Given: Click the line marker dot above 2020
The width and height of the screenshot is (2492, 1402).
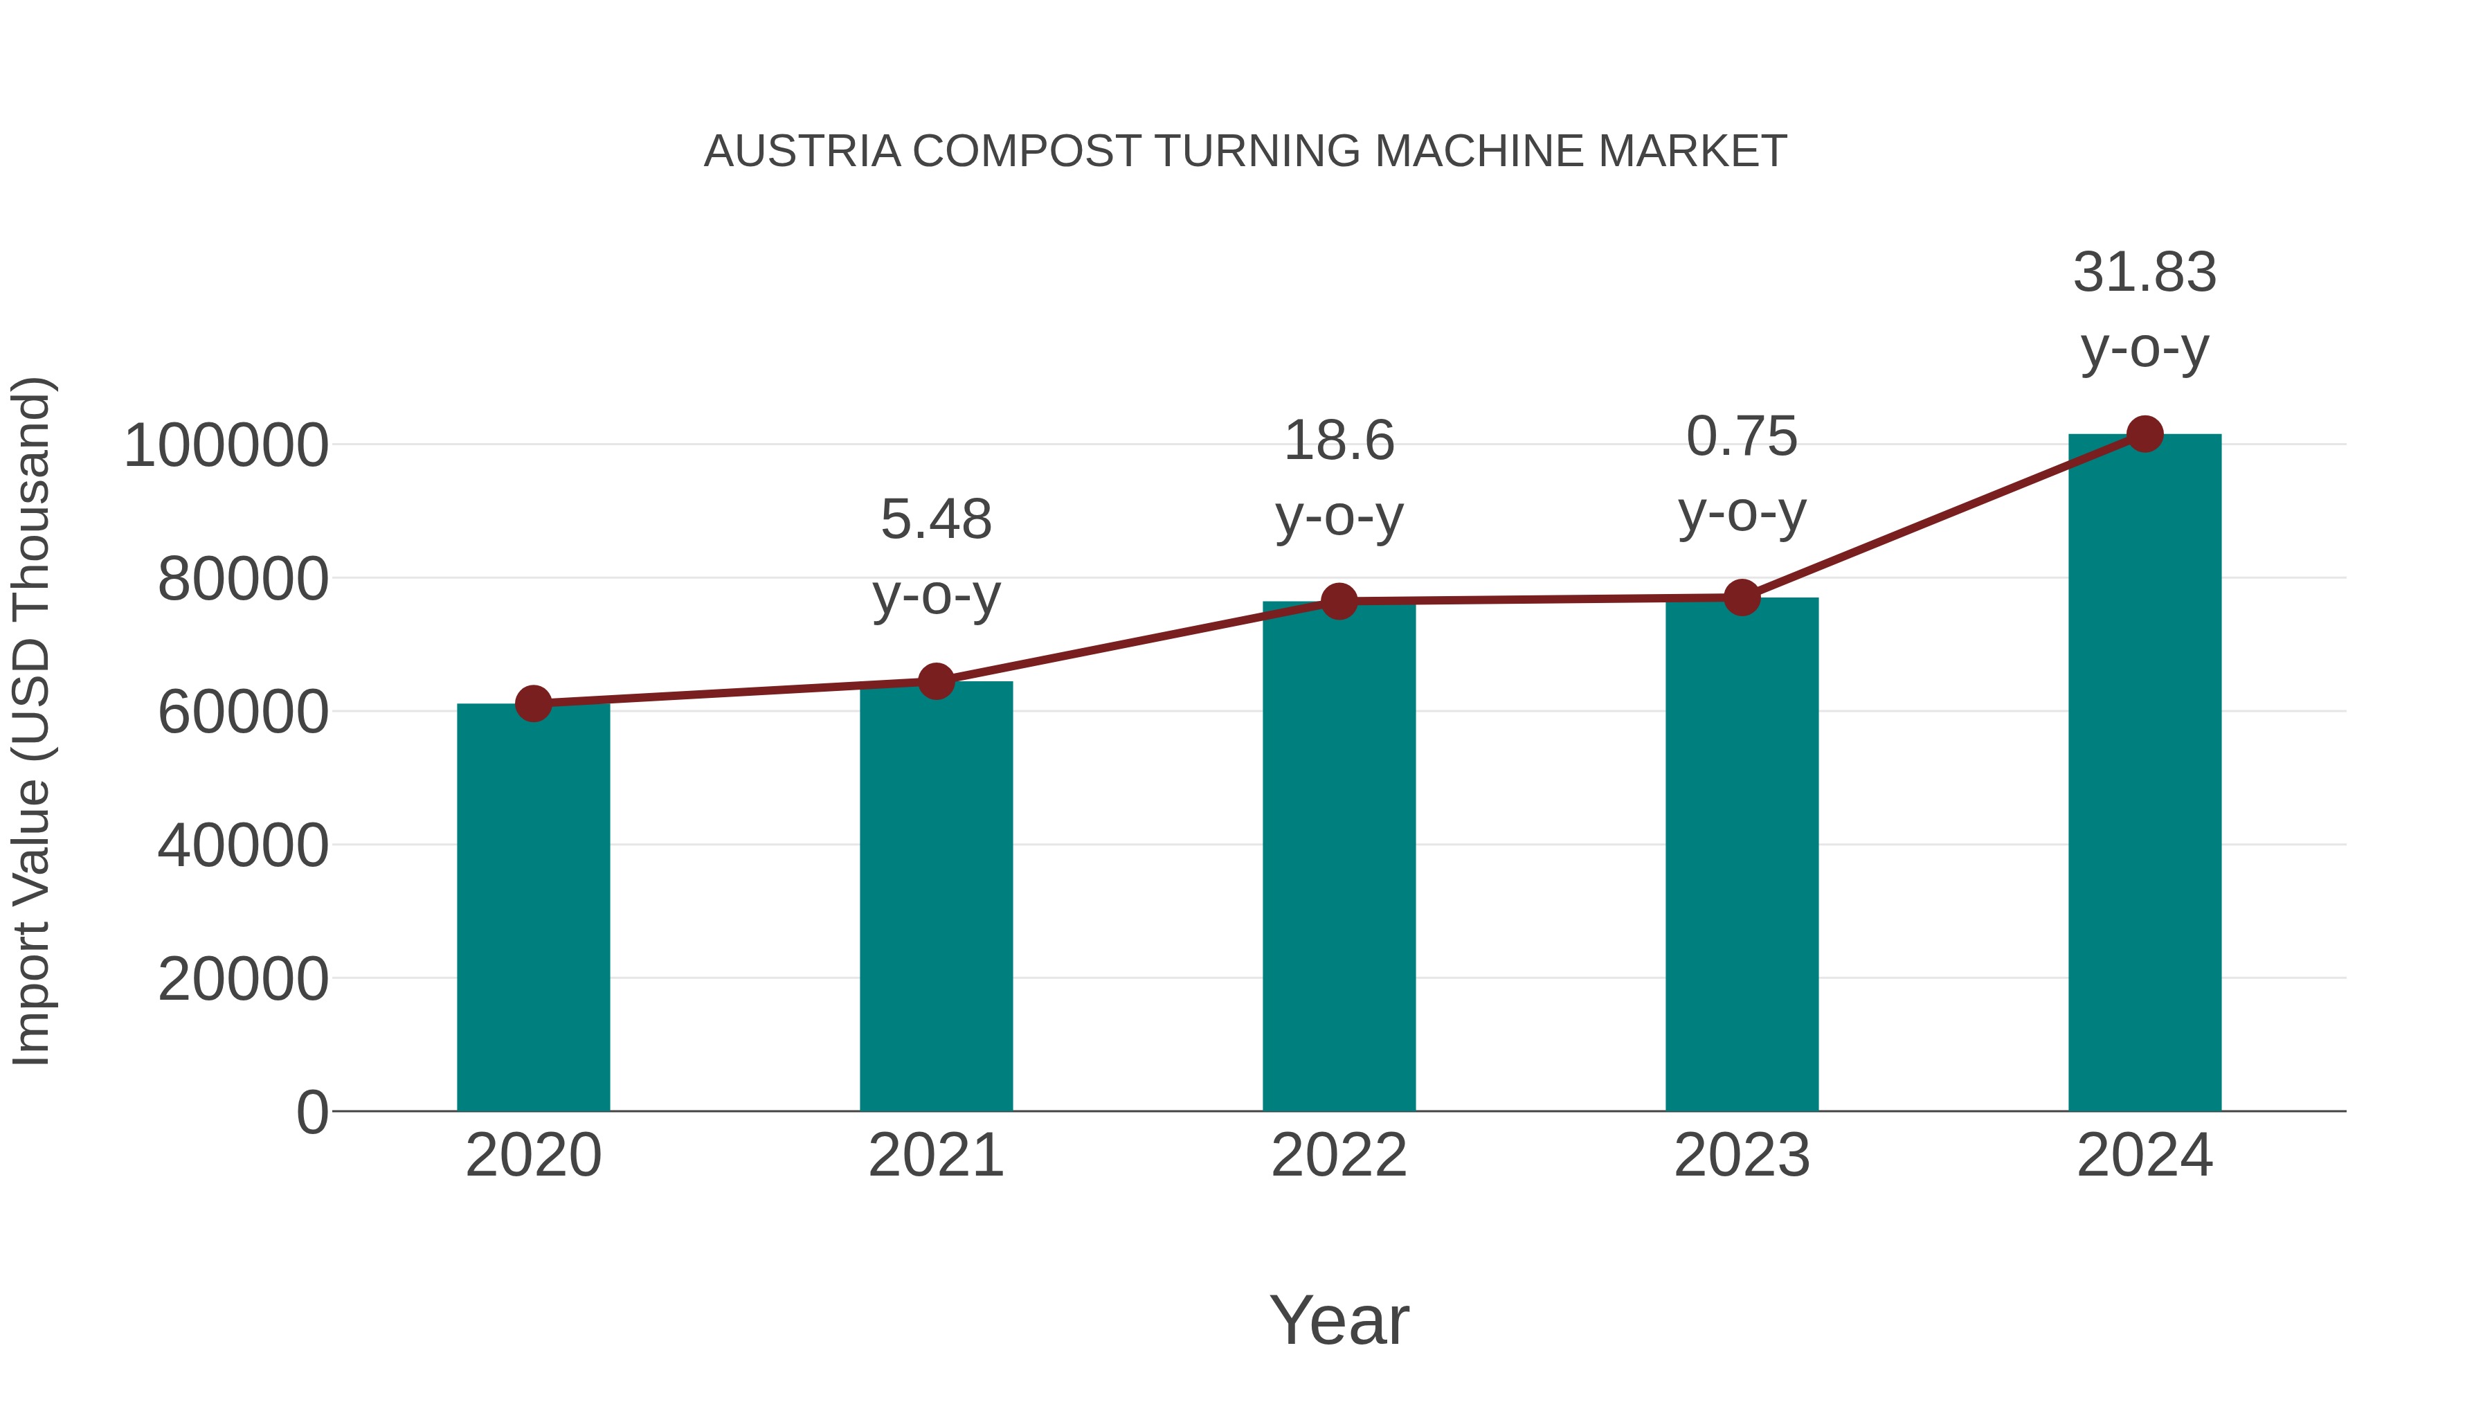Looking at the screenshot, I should (x=533, y=703).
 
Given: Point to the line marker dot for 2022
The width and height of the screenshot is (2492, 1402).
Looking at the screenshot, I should (x=1339, y=601).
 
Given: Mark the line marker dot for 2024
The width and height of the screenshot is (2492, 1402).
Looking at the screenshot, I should (x=2145, y=433).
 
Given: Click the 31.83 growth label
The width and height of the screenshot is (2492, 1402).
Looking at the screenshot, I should (x=2145, y=273).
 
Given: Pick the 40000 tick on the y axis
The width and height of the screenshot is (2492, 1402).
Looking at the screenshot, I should (x=243, y=845).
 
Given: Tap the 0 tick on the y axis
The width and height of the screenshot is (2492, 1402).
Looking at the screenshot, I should (x=311, y=1112).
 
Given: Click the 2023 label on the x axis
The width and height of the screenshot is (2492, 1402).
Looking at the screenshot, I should (x=1742, y=1156).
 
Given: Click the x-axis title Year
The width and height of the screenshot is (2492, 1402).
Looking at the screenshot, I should (x=1339, y=1320).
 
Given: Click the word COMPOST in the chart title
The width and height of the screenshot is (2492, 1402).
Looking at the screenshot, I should (x=1027, y=152).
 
